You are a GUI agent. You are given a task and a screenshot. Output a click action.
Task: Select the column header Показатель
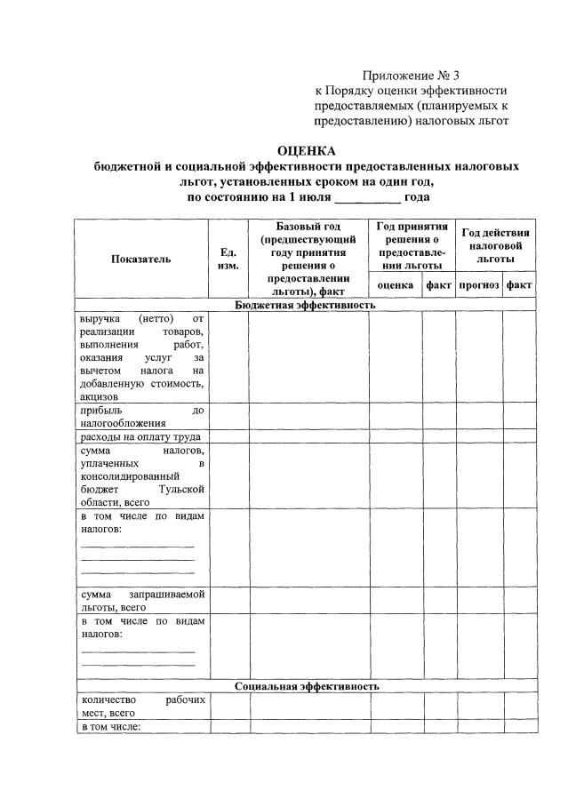click(x=140, y=259)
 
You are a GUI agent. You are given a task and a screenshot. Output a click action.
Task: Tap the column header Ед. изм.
click(x=228, y=259)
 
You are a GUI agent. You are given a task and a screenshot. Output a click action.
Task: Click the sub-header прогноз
click(x=479, y=285)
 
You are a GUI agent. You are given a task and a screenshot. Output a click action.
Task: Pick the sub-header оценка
click(x=395, y=285)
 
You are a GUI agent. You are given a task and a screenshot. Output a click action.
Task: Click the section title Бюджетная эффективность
click(x=306, y=305)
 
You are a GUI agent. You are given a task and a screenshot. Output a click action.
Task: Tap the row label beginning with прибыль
click(x=142, y=417)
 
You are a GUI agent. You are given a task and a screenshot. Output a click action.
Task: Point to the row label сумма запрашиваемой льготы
click(x=142, y=600)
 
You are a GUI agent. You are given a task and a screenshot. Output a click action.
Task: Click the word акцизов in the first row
click(x=100, y=396)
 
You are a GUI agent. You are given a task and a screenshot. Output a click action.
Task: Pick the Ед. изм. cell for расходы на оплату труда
click(x=228, y=436)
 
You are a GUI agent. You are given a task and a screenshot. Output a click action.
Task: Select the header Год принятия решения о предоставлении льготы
click(x=412, y=245)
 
